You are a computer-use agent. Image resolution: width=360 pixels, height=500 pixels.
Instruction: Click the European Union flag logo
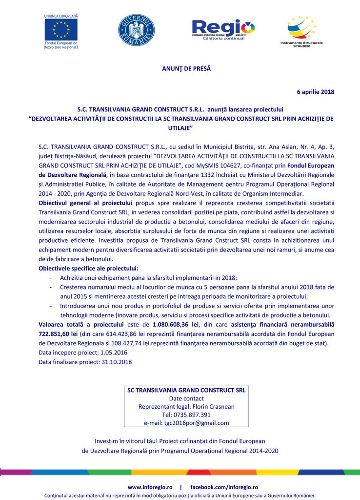[61, 30]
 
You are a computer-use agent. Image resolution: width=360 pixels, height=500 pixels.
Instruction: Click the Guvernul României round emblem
[136, 30]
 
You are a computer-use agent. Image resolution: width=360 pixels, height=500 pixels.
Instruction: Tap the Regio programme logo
[223, 30]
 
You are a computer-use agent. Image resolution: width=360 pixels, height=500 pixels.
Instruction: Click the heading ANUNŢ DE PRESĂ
[186, 68]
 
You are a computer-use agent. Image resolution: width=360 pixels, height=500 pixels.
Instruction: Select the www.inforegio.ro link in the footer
[150, 487]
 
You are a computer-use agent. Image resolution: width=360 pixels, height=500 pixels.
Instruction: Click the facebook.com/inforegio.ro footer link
[224, 487]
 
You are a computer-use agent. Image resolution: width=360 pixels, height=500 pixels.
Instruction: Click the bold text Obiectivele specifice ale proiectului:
[88, 268]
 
